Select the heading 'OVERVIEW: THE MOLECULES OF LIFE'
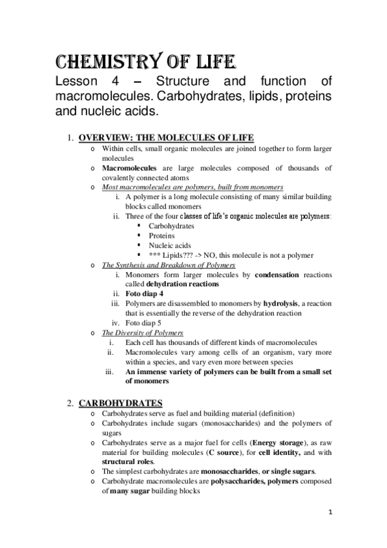pos(166,137)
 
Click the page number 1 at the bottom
pos(329,513)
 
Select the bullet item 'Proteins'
pos(162,236)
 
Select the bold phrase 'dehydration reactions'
pos(182,284)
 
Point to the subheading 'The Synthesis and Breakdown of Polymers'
pos(169,265)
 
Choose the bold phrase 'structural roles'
pos(128,462)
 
